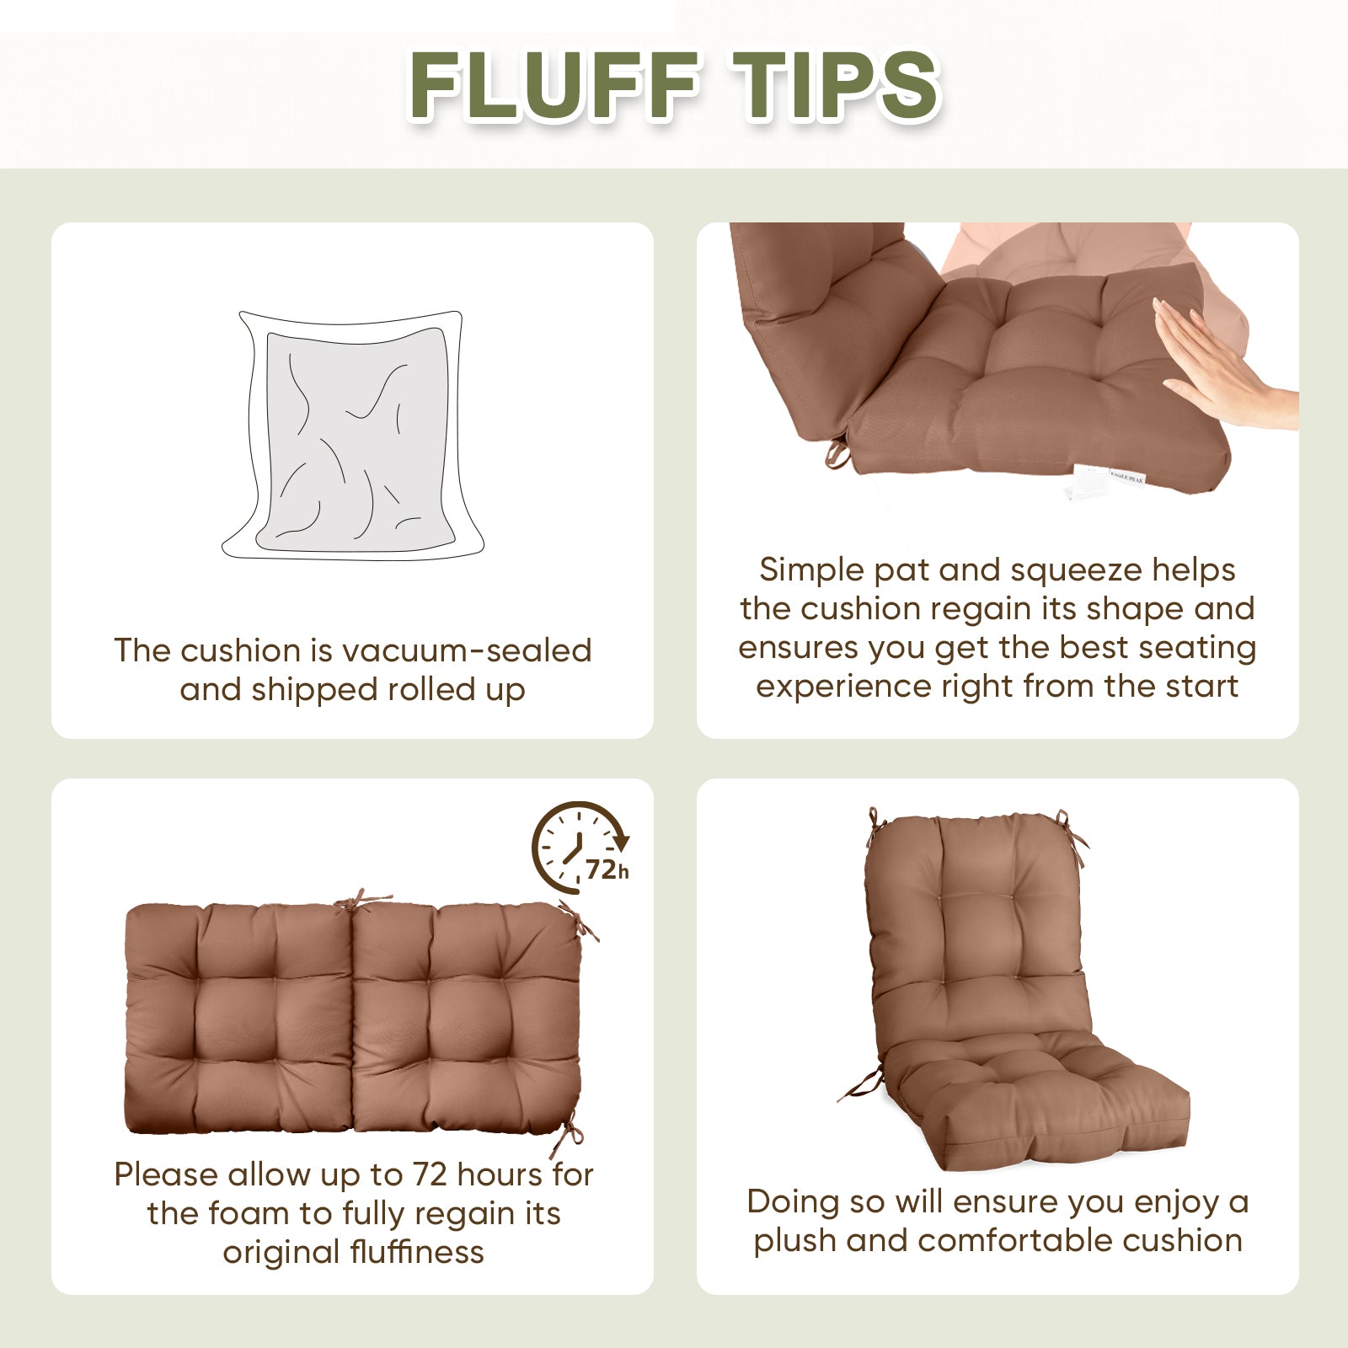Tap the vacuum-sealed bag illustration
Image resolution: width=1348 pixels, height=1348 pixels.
tap(353, 436)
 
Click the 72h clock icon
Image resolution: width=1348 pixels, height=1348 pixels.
tap(580, 848)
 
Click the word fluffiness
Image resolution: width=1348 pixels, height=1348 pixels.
tap(417, 1252)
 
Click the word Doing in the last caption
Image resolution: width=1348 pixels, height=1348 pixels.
tap(793, 1203)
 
